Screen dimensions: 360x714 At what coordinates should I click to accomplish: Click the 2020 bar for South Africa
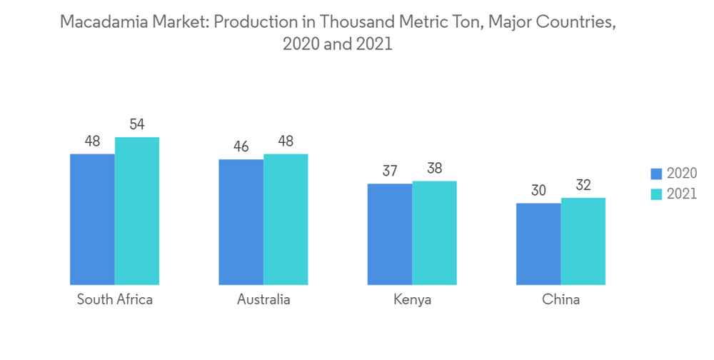[x=92, y=219]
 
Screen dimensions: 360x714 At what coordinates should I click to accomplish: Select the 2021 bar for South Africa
[x=137, y=211]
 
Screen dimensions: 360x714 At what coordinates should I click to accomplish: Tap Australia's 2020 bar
[x=241, y=221]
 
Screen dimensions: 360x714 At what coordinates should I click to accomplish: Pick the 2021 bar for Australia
[x=286, y=219]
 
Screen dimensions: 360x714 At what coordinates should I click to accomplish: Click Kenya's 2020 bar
[x=390, y=234]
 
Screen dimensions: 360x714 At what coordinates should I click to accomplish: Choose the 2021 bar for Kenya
[x=434, y=233]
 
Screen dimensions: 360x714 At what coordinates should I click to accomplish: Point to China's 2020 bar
[x=538, y=244]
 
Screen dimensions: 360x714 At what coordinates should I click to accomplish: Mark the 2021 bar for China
[x=583, y=241]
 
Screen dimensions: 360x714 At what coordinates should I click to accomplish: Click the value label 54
[x=137, y=124]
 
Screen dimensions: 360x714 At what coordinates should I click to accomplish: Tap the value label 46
[x=241, y=146]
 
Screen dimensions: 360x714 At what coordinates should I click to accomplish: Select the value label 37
[x=390, y=171]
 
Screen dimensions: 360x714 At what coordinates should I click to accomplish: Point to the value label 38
[x=434, y=169]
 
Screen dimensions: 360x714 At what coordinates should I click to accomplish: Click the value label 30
[x=538, y=190]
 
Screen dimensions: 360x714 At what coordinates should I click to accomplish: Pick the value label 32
[x=583, y=185]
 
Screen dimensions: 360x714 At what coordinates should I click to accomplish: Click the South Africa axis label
[x=115, y=299]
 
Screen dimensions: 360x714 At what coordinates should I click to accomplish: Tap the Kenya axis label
[x=412, y=299]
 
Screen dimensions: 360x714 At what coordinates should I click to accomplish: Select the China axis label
[x=560, y=299]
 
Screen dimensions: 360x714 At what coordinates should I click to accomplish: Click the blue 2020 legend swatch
[x=656, y=174]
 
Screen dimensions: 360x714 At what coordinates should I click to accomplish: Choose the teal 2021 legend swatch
[x=656, y=194]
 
